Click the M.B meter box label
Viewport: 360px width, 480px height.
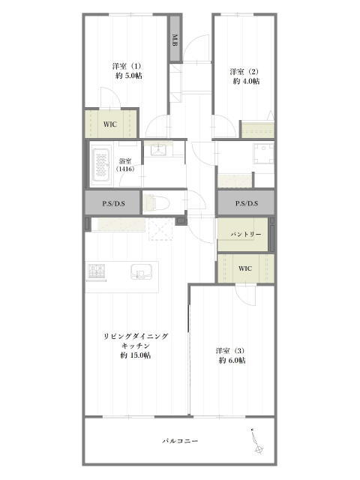[x=175, y=40]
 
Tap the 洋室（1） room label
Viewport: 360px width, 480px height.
[x=127, y=66]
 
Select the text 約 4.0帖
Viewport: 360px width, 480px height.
[x=247, y=81]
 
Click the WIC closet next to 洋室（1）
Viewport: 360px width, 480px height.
[x=110, y=124]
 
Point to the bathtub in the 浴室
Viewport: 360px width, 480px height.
[x=101, y=163]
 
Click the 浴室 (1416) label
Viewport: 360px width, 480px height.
[x=125, y=165]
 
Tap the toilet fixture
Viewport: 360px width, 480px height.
[x=157, y=202]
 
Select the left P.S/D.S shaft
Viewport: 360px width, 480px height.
[x=113, y=203]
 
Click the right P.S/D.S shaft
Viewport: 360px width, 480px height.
[x=246, y=203]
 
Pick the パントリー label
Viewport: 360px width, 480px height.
[x=246, y=235]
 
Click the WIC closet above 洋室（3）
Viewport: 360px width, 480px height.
[x=245, y=268]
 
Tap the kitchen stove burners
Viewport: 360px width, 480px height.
[x=97, y=271]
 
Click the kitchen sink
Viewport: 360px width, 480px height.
[x=142, y=271]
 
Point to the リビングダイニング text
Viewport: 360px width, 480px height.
[x=136, y=336]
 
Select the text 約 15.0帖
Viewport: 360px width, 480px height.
[x=136, y=355]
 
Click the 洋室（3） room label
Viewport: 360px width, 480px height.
[x=230, y=350]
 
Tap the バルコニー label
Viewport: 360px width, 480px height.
[x=180, y=441]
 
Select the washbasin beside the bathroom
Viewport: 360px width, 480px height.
[x=159, y=150]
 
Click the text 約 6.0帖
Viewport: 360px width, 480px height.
[x=232, y=360]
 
